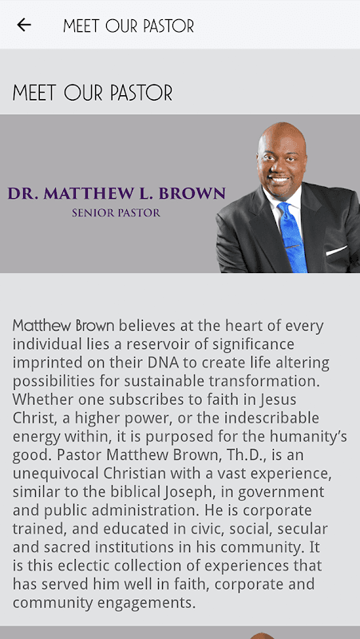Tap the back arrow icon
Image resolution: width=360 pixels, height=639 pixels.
tap(24, 25)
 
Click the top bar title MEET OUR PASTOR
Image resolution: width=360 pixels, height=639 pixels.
tap(129, 26)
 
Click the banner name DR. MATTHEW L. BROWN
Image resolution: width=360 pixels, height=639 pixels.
tap(117, 193)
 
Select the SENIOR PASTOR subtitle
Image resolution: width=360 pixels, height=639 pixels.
tap(116, 212)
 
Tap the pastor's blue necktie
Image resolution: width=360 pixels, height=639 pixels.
tap(292, 236)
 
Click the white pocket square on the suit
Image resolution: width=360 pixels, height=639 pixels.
tap(336, 250)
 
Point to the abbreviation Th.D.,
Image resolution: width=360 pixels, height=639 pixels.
tap(243, 454)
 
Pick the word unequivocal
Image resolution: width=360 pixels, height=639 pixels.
tap(56, 474)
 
